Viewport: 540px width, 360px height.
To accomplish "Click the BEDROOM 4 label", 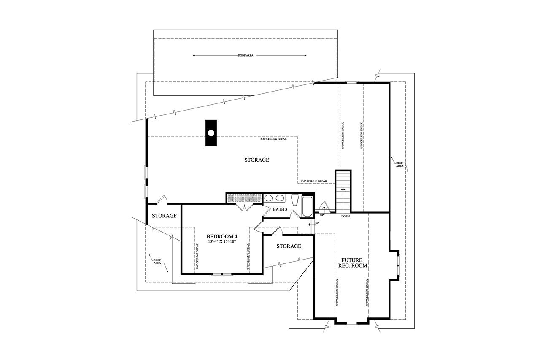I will (x=222, y=236).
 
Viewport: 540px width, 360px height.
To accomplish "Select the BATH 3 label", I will (x=280, y=209).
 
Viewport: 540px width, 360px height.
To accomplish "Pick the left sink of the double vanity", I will (x=268, y=198).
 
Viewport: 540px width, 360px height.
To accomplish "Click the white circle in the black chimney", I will (x=211, y=133).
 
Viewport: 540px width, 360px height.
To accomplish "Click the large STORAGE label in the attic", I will (x=256, y=160).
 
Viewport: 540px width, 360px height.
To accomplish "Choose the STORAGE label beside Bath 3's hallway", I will (x=289, y=246).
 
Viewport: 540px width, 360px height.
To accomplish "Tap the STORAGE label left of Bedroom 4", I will (x=164, y=216).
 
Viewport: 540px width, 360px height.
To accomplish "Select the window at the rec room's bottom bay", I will (x=351, y=324).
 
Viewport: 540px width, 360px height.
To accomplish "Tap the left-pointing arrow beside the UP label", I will (x=311, y=225).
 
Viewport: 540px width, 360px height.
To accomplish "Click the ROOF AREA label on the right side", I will (x=400, y=165).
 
